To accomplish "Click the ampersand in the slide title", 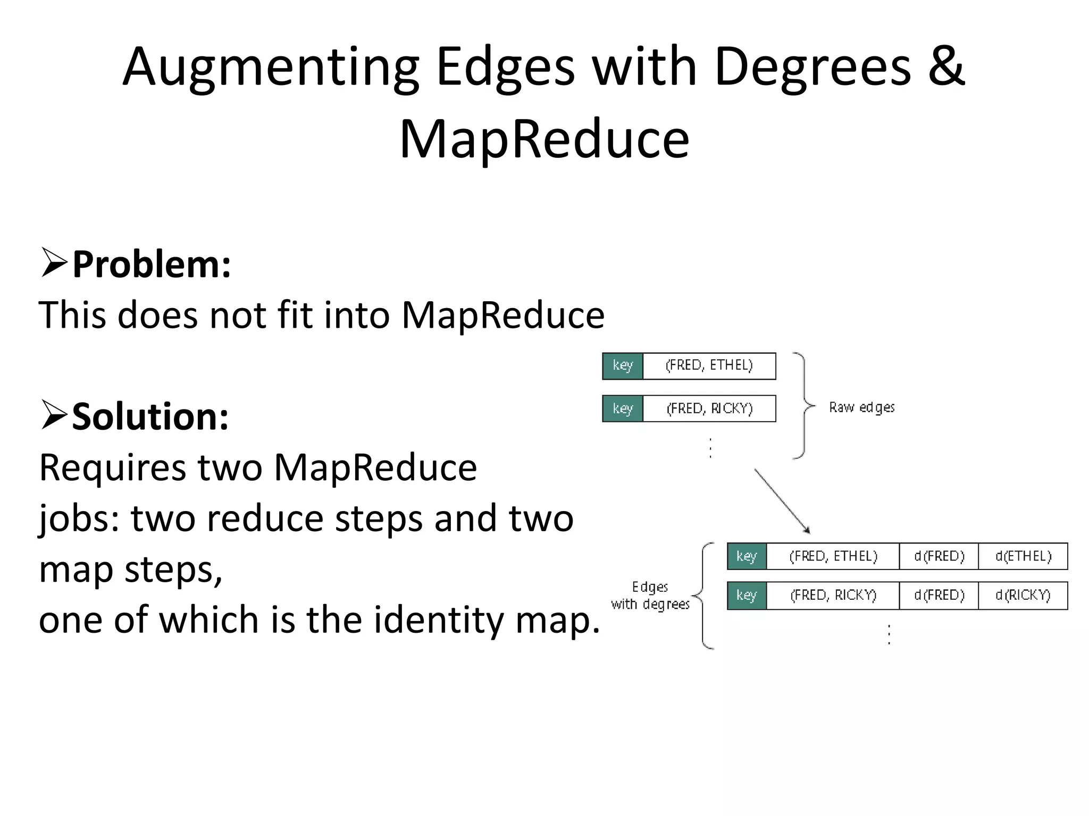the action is [947, 66].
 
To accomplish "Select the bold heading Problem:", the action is [152, 264].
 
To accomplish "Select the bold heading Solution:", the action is [150, 416].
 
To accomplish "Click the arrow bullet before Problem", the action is [54, 263].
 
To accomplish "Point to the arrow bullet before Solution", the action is [54, 415].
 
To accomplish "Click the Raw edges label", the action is [861, 407].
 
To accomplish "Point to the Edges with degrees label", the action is [650, 596].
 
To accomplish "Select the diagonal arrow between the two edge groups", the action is [782, 500].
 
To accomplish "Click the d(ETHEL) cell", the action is [1023, 556].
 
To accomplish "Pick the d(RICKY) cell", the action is [1023, 595].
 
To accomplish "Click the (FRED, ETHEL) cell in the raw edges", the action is [709, 365].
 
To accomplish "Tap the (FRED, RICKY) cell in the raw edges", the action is [709, 409].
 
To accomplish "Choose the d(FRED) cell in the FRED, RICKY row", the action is [939, 595].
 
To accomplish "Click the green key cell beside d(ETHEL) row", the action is [747, 556].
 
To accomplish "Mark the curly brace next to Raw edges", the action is [803, 406].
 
